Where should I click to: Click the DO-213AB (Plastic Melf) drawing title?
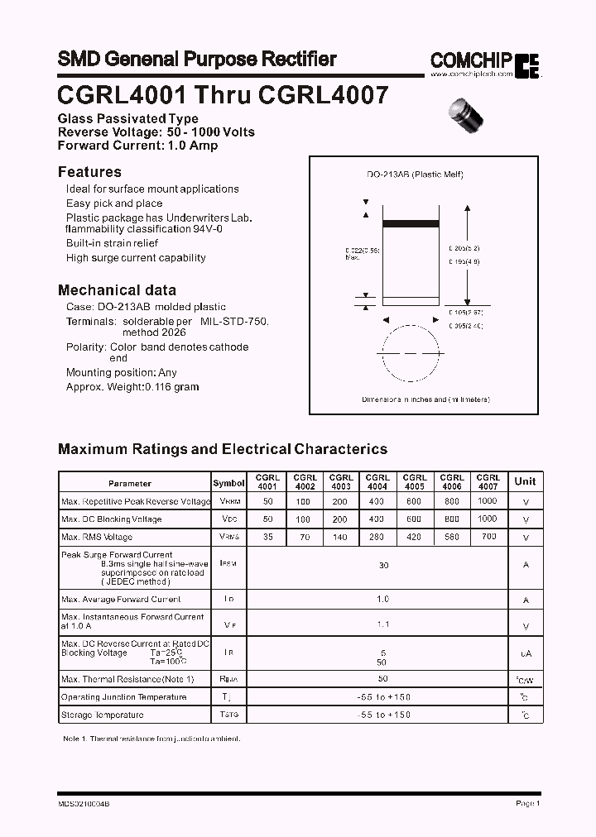coord(415,175)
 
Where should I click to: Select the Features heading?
coord(89,172)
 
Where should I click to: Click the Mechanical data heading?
coord(117,290)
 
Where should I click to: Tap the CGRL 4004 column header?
coord(377,482)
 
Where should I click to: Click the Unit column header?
coord(525,481)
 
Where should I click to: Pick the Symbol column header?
coord(228,483)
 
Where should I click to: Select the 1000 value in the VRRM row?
coord(488,500)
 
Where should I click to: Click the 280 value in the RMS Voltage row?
coord(377,537)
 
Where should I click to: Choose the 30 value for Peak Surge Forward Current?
coord(383,566)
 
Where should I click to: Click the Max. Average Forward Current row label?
coord(121,599)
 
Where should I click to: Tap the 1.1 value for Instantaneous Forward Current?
coord(383,625)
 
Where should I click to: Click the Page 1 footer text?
coord(527,803)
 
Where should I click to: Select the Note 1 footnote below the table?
coord(151,737)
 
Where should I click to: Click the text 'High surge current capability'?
coord(136,258)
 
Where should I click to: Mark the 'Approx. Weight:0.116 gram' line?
coord(132,386)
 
